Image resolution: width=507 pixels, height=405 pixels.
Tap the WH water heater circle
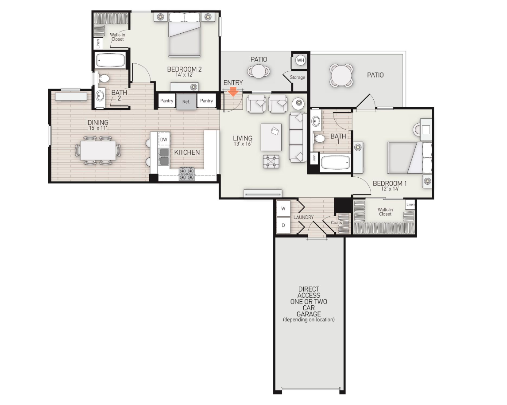pos(300,60)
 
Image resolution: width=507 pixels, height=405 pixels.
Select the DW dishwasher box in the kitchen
pos(164,139)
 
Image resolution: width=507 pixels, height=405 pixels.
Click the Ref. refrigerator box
pos(186,101)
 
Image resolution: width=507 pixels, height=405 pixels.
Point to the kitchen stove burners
pos(186,174)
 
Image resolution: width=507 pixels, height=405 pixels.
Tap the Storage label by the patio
pos(298,78)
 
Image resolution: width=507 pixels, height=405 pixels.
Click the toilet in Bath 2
pos(104,79)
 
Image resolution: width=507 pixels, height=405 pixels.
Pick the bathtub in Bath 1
pos(335,162)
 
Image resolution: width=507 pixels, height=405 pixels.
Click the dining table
pos(98,150)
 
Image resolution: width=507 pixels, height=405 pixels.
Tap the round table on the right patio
pos(341,75)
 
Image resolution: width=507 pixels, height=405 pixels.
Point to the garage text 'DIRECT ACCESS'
pos(309,292)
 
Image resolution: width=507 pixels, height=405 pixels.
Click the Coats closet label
pos(337,223)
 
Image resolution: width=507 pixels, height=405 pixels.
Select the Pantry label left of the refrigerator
pos(167,101)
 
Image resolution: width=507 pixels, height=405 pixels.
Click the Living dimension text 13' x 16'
pos(242,144)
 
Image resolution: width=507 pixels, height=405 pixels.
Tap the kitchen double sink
pos(164,156)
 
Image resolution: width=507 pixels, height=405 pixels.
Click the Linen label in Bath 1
pos(313,158)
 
